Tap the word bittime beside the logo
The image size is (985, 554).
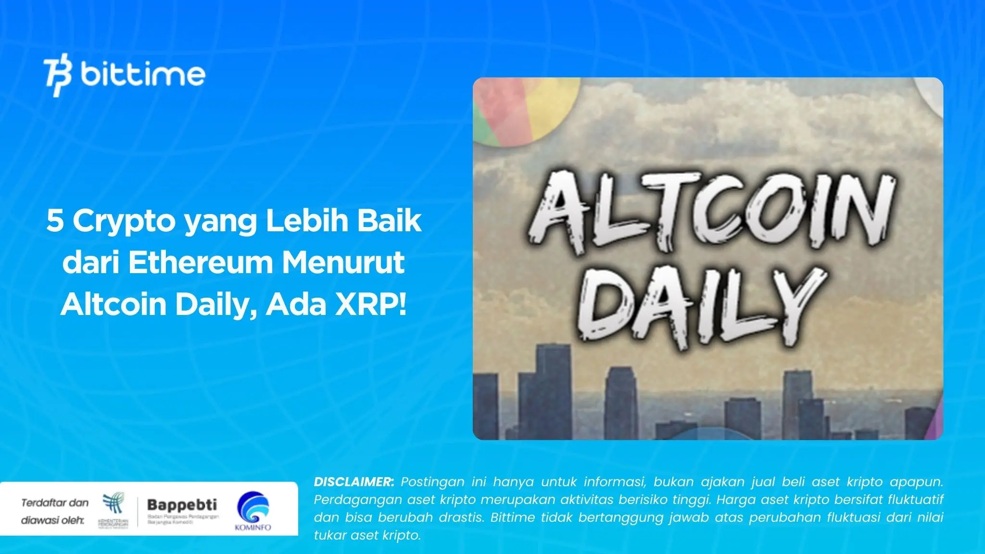coord(143,74)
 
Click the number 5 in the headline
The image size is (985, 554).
coord(55,221)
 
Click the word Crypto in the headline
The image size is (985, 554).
coord(124,221)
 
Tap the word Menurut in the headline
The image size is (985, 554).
coord(343,263)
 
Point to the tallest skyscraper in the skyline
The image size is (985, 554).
coord(553,390)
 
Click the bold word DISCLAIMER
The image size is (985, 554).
coord(354,482)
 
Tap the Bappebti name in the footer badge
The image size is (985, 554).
coord(182,505)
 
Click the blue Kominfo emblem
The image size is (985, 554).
coord(253,507)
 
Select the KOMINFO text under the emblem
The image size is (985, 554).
coord(253,527)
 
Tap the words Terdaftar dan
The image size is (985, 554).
coord(55,503)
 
